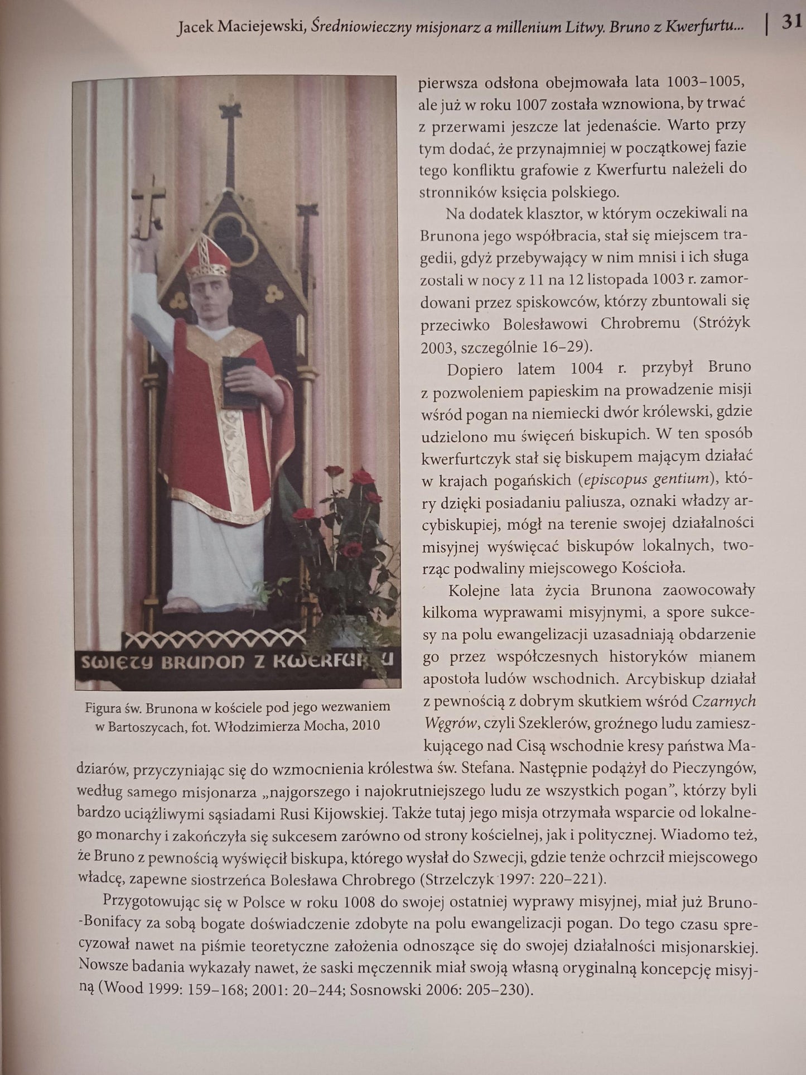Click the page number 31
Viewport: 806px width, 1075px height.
click(791, 23)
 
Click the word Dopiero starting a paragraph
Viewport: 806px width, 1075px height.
click(474, 369)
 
